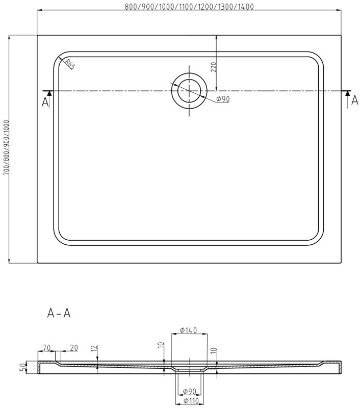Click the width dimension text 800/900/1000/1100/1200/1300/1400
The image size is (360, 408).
(189, 7)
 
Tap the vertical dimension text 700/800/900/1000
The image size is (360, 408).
(6, 148)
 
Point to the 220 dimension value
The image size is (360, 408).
(214, 67)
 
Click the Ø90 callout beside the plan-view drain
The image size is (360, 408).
(223, 99)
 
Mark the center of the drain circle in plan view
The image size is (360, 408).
(189, 91)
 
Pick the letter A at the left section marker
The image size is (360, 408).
(45, 103)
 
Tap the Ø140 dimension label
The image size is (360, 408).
(189, 330)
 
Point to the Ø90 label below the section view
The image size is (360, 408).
(190, 392)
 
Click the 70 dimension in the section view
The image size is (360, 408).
(46, 348)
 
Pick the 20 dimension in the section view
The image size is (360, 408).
(73, 348)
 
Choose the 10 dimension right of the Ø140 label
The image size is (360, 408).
(213, 351)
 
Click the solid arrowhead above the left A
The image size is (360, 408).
(49, 93)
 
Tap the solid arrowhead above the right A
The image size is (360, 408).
(348, 93)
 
